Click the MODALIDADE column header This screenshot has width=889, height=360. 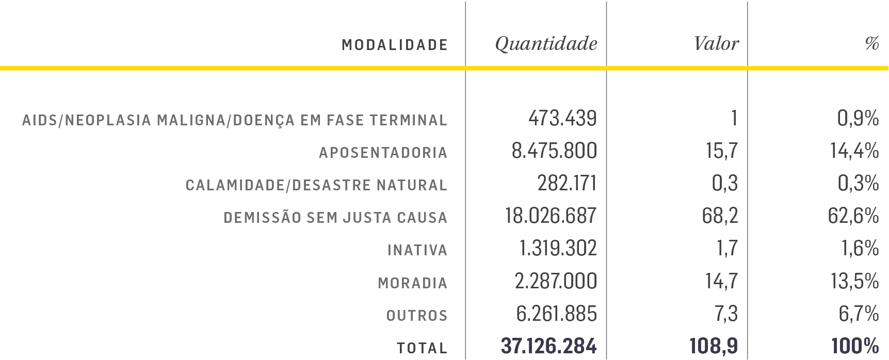coord(395,45)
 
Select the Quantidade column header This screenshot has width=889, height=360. coord(546,44)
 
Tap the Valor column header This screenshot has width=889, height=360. coord(716,44)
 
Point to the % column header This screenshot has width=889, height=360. coord(872,44)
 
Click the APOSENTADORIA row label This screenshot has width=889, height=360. coord(383,153)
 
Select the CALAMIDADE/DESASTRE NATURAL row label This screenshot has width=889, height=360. coord(316,185)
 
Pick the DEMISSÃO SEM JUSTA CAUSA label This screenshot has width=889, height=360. coord(335,218)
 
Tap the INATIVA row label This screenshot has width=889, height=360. coord(417,251)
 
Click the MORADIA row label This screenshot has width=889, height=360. coord(412,283)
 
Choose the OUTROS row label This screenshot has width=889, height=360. coord(417,316)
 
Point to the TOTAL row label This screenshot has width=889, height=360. coord(422,348)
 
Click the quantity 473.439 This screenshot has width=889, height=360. coord(562,119)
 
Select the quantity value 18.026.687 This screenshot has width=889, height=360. coord(551,216)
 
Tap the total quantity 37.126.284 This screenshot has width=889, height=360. coord(548,346)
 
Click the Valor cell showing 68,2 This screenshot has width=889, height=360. coord(720,216)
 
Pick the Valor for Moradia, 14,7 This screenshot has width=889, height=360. coord(721,281)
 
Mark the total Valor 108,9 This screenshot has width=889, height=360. coord(714,346)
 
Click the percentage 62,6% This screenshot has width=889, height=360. coord(853,216)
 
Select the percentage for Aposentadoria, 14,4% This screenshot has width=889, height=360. coord(854,151)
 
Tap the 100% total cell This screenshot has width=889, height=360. coord(855,346)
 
